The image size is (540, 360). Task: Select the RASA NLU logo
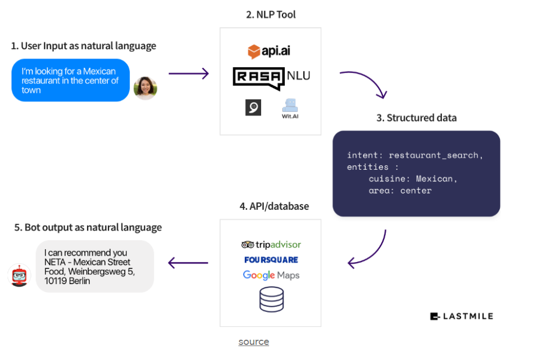click(x=271, y=78)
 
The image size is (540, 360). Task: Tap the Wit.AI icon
click(x=290, y=108)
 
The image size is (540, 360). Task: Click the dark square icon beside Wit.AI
click(x=253, y=107)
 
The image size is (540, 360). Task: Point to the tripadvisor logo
click(x=271, y=245)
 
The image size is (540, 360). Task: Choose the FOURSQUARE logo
click(x=271, y=260)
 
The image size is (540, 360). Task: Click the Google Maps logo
click(x=271, y=275)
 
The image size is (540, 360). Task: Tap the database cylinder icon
click(x=271, y=299)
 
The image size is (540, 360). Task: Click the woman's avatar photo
click(x=145, y=88)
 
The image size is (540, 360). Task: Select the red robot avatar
click(x=20, y=275)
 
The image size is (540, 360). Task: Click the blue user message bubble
click(x=71, y=81)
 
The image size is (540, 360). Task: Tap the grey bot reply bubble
click(x=95, y=266)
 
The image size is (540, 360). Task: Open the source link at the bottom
click(x=253, y=341)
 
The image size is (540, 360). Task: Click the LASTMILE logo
click(x=462, y=316)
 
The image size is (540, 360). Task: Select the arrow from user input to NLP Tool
click(x=189, y=74)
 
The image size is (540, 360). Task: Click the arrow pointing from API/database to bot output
click(x=188, y=263)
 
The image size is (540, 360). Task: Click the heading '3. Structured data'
click(x=416, y=118)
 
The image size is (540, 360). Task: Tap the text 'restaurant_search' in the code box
click(x=434, y=155)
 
